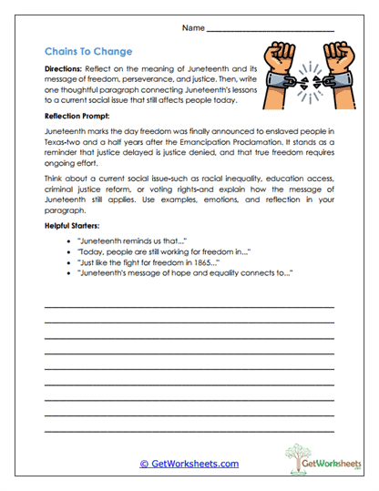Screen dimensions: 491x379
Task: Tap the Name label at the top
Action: tap(193, 29)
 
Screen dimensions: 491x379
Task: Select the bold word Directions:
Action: tap(67, 68)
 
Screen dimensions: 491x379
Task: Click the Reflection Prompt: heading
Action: tap(81, 117)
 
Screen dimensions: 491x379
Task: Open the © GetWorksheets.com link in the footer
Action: tap(189, 464)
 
